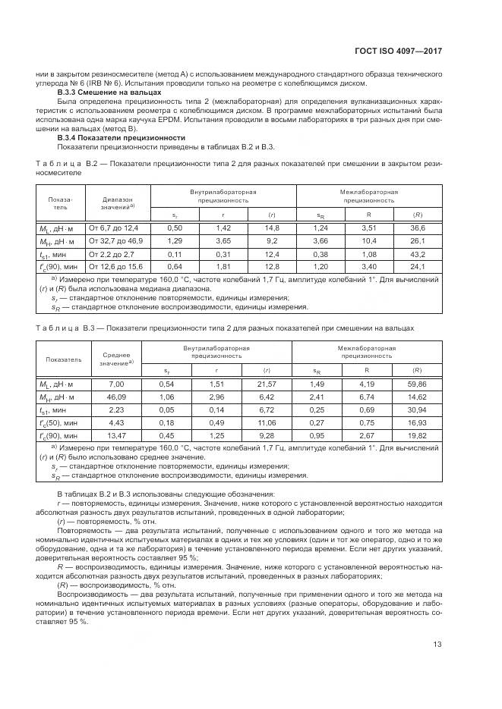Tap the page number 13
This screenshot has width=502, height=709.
[x=437, y=645]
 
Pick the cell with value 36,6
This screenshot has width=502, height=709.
[x=417, y=228]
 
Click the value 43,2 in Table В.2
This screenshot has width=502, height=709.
[x=417, y=255]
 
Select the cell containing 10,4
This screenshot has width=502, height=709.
[x=368, y=241]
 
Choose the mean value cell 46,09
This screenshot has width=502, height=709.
[x=116, y=397]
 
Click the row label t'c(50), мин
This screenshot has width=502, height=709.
[x=58, y=423]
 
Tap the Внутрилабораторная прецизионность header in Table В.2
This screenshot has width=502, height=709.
[x=223, y=196]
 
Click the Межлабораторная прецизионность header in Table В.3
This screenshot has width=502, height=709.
[x=367, y=352]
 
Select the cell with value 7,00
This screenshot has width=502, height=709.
[x=116, y=384]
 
